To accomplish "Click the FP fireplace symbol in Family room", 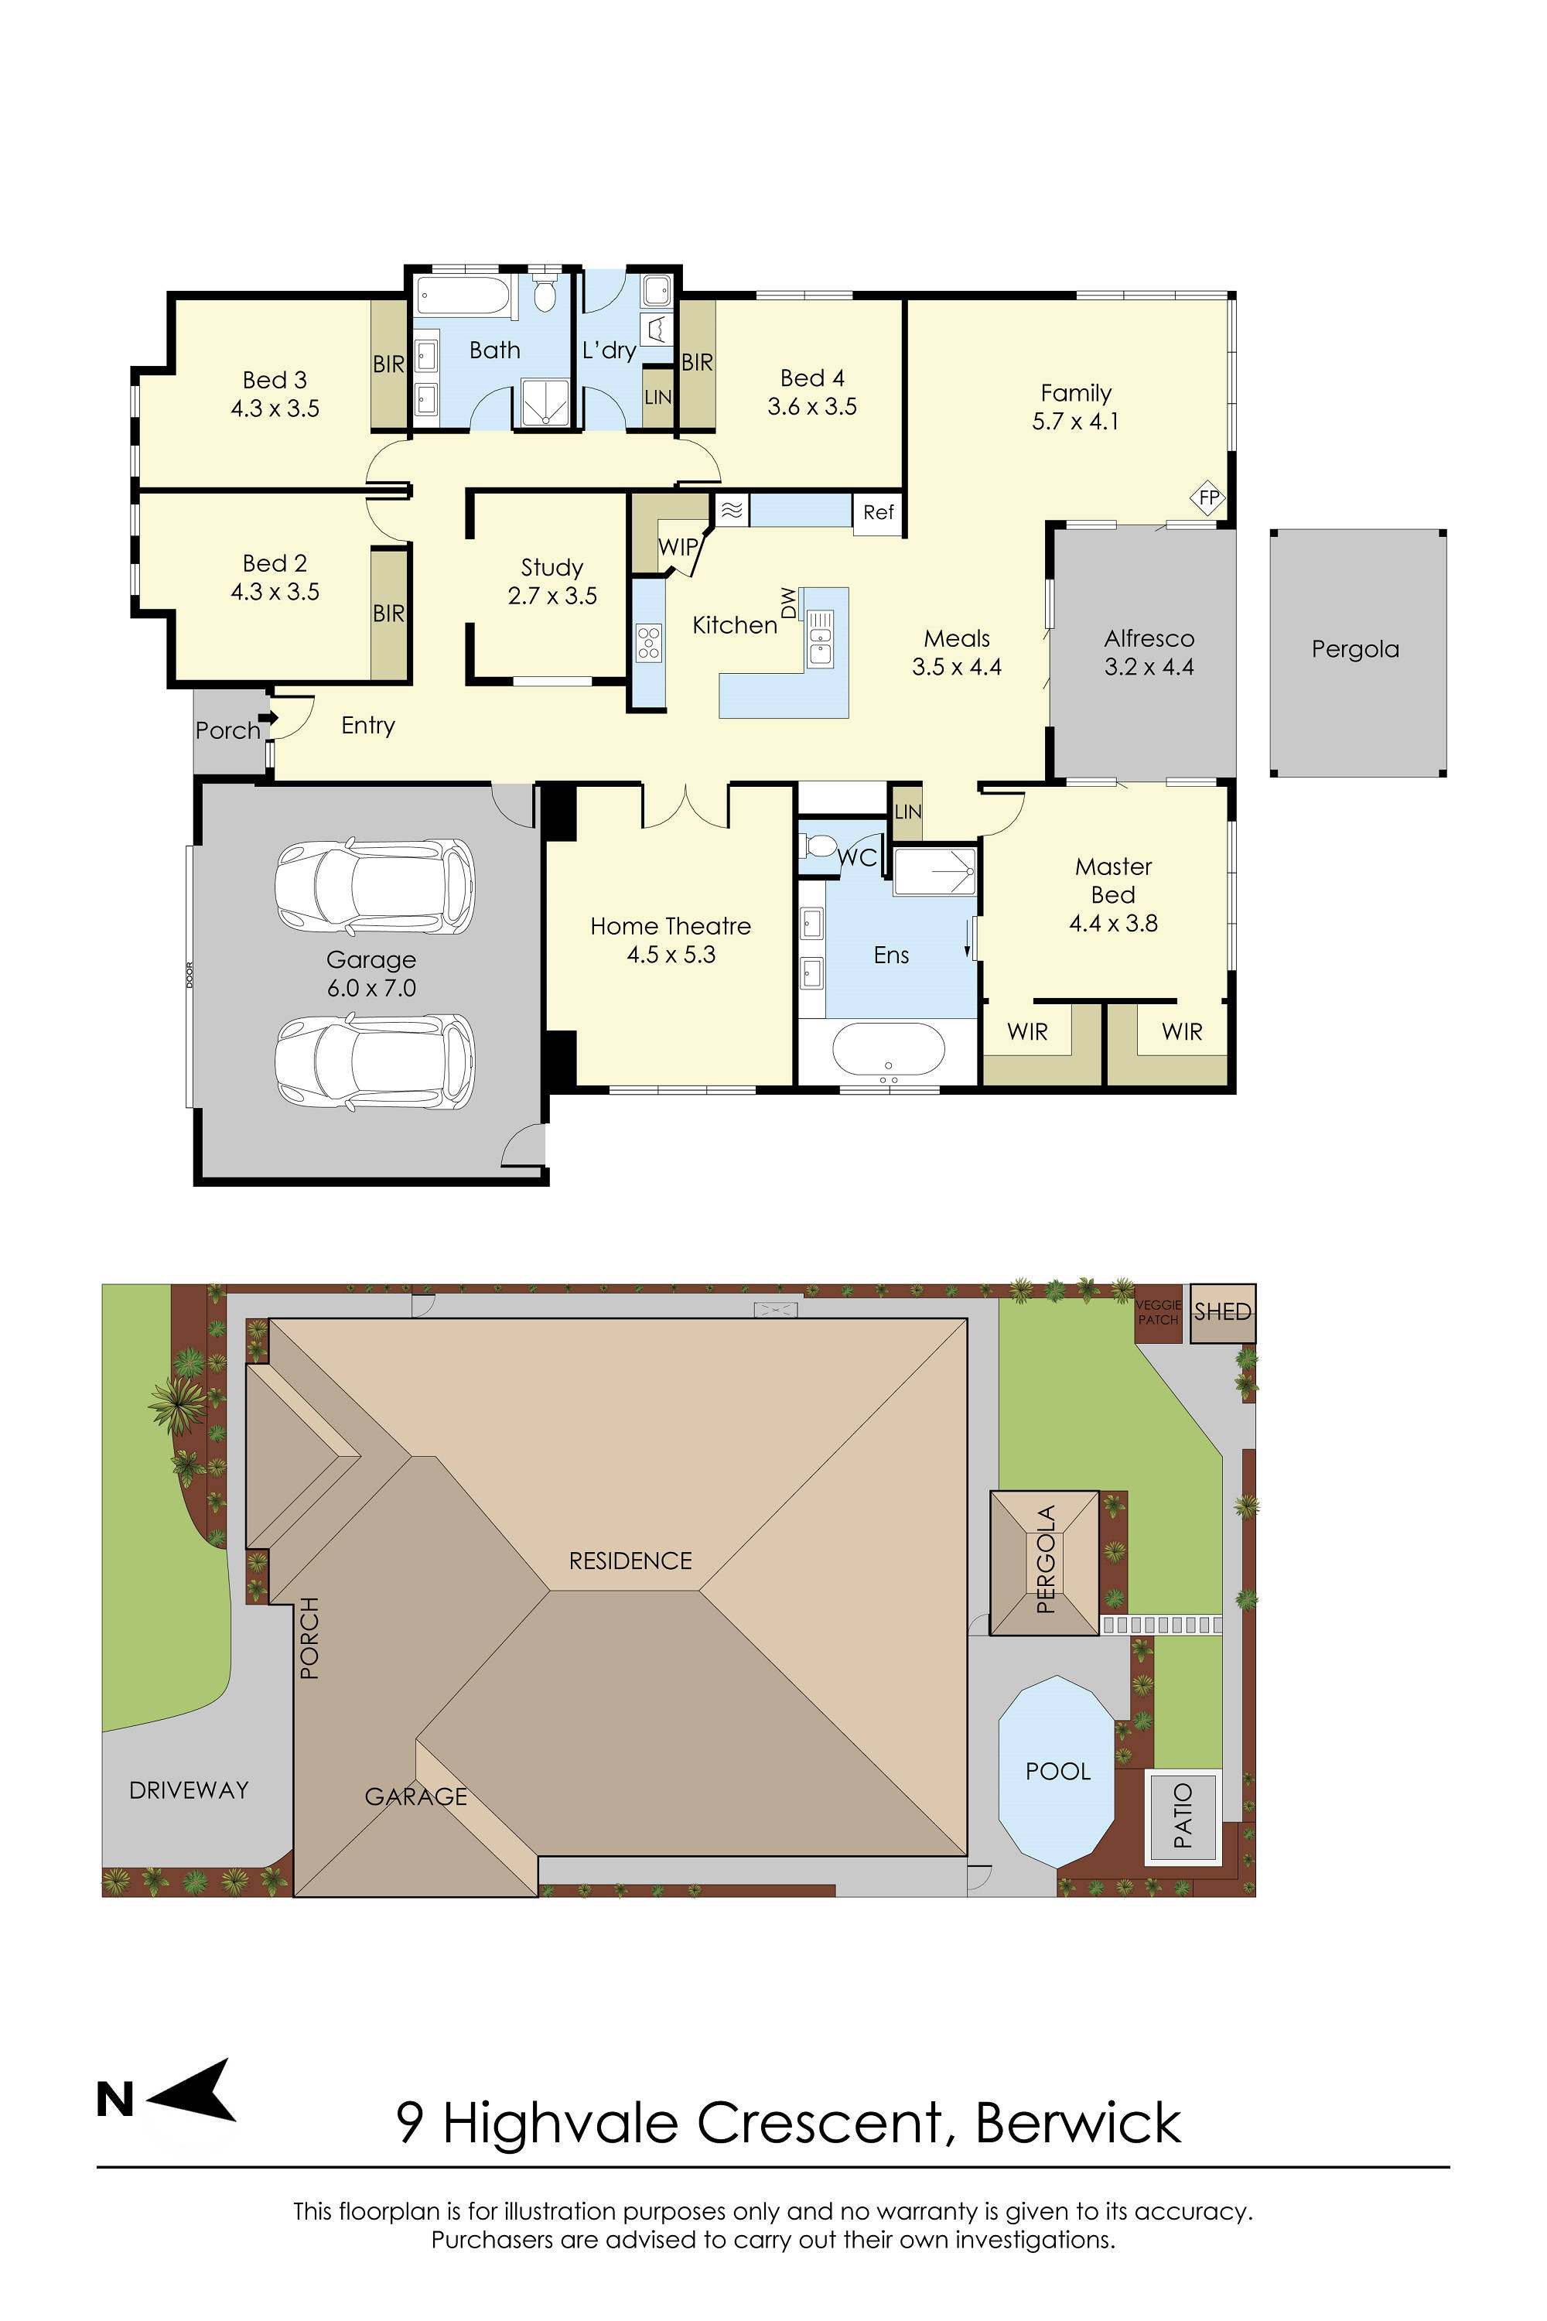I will (1208, 497).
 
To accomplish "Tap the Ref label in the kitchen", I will (877, 512).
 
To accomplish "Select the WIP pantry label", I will (678, 547).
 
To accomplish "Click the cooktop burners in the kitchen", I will (648, 641).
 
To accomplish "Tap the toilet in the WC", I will (819, 846).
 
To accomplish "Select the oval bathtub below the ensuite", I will (888, 1049).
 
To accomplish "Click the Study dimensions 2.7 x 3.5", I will (552, 596).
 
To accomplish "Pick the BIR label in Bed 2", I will (389, 614).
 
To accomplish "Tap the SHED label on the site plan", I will (1222, 1312).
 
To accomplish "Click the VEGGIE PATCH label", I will (1158, 1312).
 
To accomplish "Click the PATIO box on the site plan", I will (1182, 1816).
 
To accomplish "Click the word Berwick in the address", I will (1077, 2124).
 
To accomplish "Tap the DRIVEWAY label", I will (189, 1790).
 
